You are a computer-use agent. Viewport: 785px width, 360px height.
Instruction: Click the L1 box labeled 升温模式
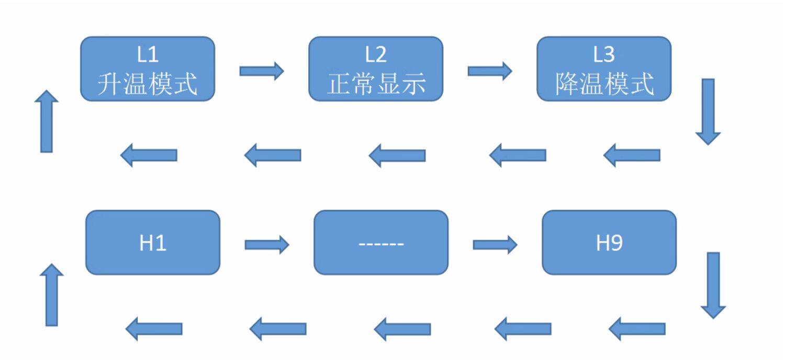click(147, 69)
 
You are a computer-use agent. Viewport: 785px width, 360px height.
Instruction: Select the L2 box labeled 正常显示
click(375, 69)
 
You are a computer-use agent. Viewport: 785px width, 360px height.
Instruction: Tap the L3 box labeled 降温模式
click(604, 69)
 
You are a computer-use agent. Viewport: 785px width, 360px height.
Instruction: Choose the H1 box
click(152, 243)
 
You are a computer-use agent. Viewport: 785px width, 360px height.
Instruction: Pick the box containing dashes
click(380, 243)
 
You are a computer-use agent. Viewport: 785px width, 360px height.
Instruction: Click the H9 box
click(609, 243)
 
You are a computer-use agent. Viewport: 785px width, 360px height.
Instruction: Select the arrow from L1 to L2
click(261, 71)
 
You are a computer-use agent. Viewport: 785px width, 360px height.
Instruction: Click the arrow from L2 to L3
click(489, 71)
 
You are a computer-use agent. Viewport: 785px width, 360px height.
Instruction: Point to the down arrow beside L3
click(708, 111)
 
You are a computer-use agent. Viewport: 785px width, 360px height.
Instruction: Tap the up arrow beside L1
click(47, 121)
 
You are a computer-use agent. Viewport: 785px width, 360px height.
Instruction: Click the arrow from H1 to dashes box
click(266, 244)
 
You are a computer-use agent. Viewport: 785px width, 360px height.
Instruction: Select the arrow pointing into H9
click(495, 244)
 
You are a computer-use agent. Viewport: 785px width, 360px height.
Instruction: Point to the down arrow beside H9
click(713, 285)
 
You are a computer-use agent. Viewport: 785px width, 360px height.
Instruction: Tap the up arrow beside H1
click(51, 295)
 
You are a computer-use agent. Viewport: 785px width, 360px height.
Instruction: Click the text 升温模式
click(147, 84)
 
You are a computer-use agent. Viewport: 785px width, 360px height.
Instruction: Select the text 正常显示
click(375, 84)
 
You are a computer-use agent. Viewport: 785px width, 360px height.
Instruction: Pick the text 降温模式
click(604, 84)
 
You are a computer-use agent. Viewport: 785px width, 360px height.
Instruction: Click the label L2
click(375, 54)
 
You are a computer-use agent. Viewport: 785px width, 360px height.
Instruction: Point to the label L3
click(604, 54)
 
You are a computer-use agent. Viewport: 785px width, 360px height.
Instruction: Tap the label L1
click(147, 54)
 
